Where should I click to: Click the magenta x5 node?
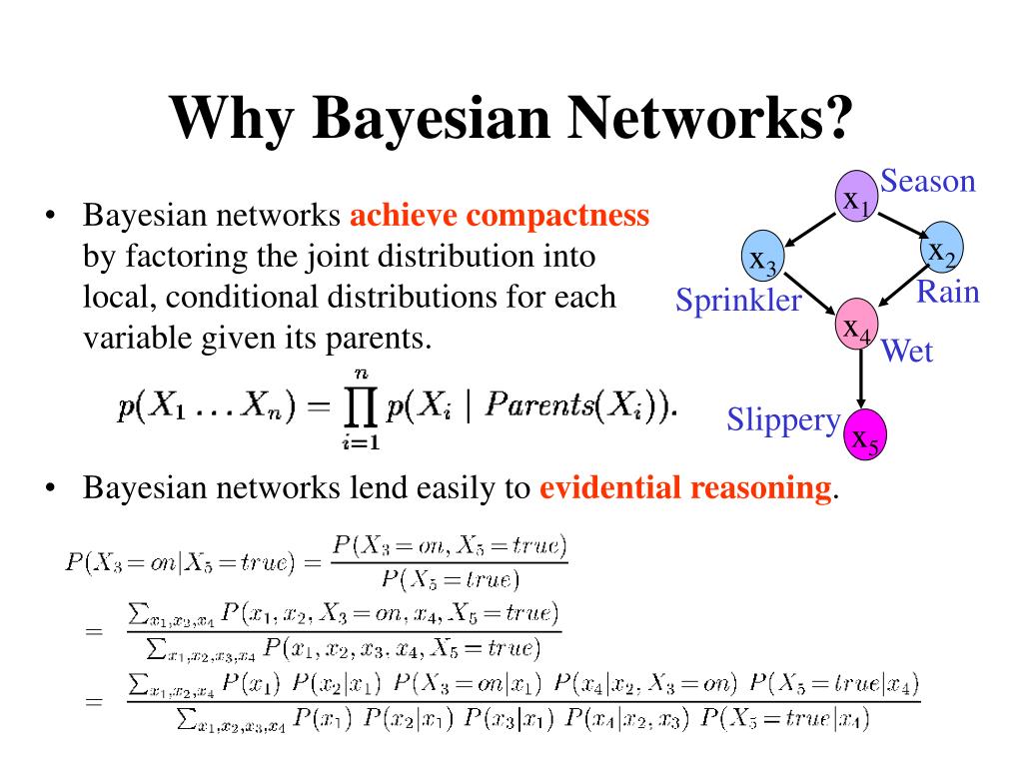tap(865, 435)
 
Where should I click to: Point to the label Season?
tap(927, 182)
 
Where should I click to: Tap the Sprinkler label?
tap(738, 300)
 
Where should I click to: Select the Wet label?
tap(907, 351)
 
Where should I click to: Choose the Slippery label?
tap(783, 419)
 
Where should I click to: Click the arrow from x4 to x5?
tap(860, 379)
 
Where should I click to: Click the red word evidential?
tap(603, 488)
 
